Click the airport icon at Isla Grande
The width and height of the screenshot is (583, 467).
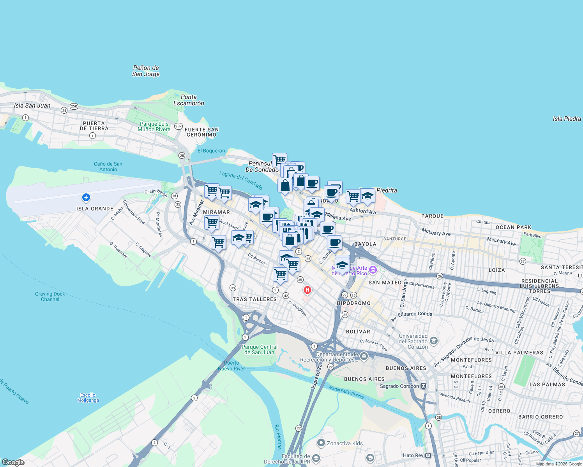click(x=86, y=198)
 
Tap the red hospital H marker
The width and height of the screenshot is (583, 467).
click(x=307, y=290)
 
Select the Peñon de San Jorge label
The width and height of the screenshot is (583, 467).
click(x=146, y=71)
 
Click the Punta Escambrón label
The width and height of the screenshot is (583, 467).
click(x=189, y=100)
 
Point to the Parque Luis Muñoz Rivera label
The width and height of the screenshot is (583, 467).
click(x=154, y=126)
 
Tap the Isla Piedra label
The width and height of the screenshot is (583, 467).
click(x=567, y=119)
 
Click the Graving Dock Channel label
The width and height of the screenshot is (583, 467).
click(x=50, y=297)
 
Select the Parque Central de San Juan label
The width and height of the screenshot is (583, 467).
click(x=260, y=349)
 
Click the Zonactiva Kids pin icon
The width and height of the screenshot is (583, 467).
click(x=321, y=443)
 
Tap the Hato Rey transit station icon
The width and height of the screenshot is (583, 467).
click(x=428, y=455)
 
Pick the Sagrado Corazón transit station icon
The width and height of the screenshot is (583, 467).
click(x=423, y=386)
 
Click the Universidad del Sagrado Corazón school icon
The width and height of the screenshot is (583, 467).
click(x=434, y=341)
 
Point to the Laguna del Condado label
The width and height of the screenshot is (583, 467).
click(x=240, y=180)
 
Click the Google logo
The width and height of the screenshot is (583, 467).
click(x=13, y=462)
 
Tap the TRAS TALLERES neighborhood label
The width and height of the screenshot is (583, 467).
click(x=254, y=299)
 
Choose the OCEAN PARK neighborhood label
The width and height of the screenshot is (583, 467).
click(x=513, y=227)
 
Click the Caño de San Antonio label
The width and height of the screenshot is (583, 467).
click(x=108, y=167)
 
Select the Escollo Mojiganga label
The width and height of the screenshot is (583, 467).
click(x=88, y=397)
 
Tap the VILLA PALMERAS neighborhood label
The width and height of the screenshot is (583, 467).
click(x=519, y=353)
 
